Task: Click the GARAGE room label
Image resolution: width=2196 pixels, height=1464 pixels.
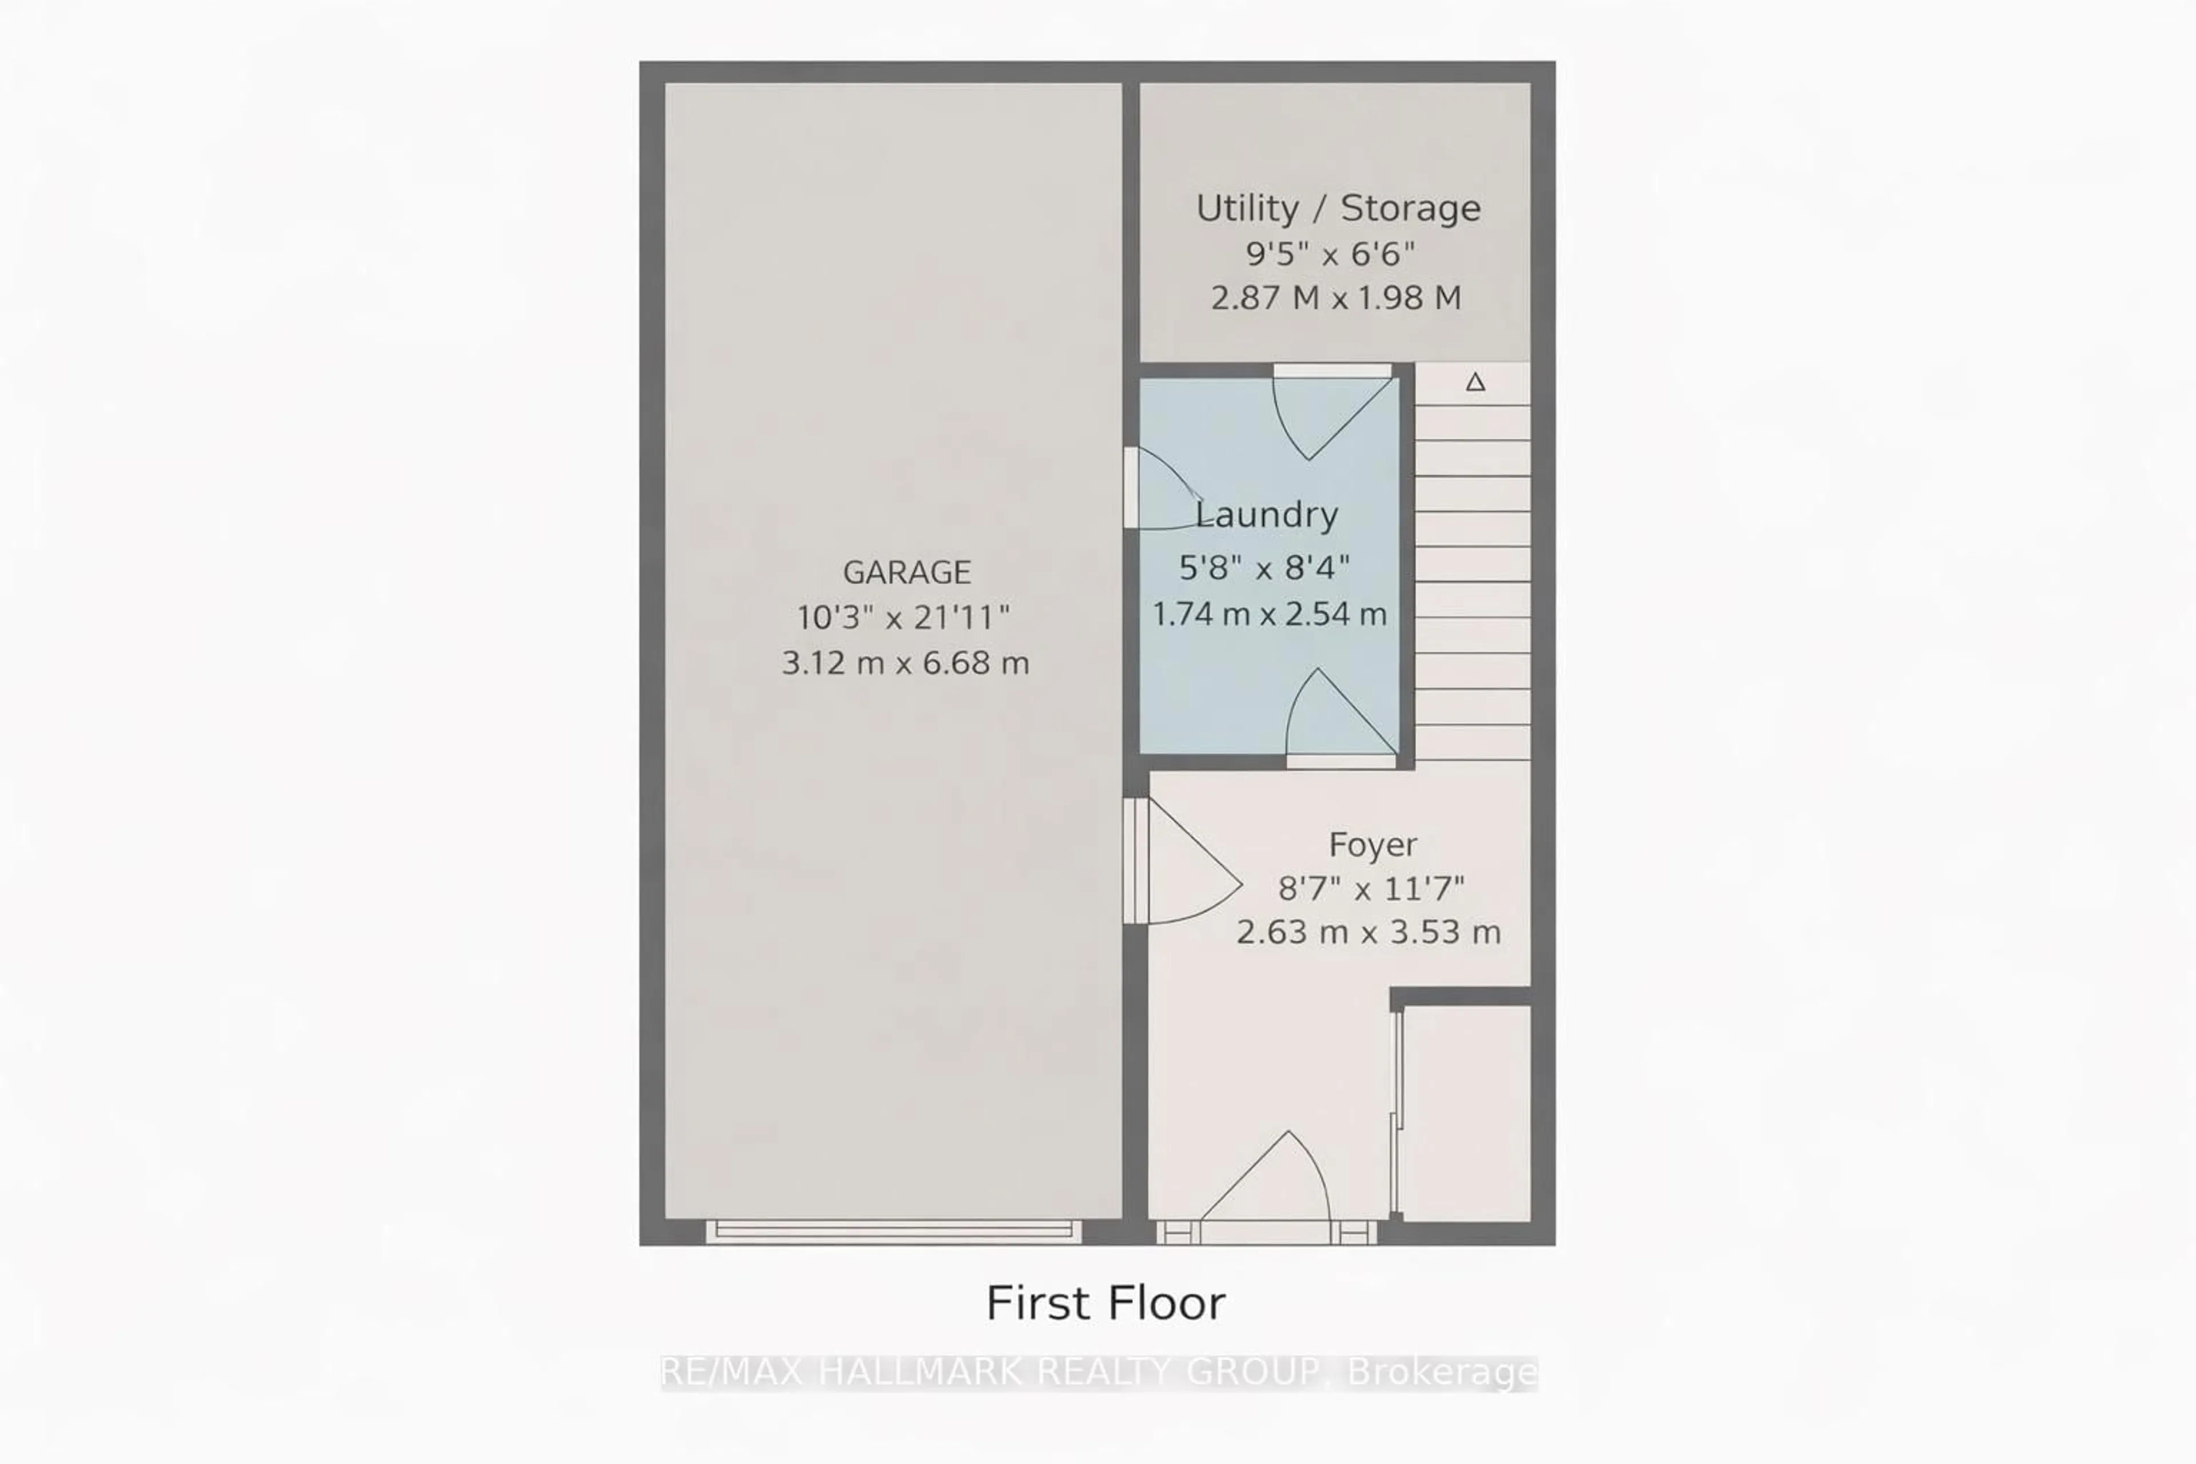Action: [x=906, y=571]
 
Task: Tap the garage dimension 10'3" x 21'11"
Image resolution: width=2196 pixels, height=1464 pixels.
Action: [x=903, y=617]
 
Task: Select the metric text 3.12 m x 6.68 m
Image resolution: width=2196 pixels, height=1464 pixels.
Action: [x=905, y=663]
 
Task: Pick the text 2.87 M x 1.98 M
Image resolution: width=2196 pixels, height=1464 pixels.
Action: [x=1335, y=298]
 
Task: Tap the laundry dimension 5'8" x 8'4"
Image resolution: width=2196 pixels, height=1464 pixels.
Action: [x=1264, y=567]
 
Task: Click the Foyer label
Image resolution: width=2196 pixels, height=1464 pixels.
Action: [x=1371, y=844]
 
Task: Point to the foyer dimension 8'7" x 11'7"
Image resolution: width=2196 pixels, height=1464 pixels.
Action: [x=1371, y=888]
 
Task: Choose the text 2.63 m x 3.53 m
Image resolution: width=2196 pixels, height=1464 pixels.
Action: [x=1368, y=932]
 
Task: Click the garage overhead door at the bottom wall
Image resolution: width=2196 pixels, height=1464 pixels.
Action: [x=893, y=1231]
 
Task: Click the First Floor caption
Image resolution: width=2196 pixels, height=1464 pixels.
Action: [x=1105, y=1303]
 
